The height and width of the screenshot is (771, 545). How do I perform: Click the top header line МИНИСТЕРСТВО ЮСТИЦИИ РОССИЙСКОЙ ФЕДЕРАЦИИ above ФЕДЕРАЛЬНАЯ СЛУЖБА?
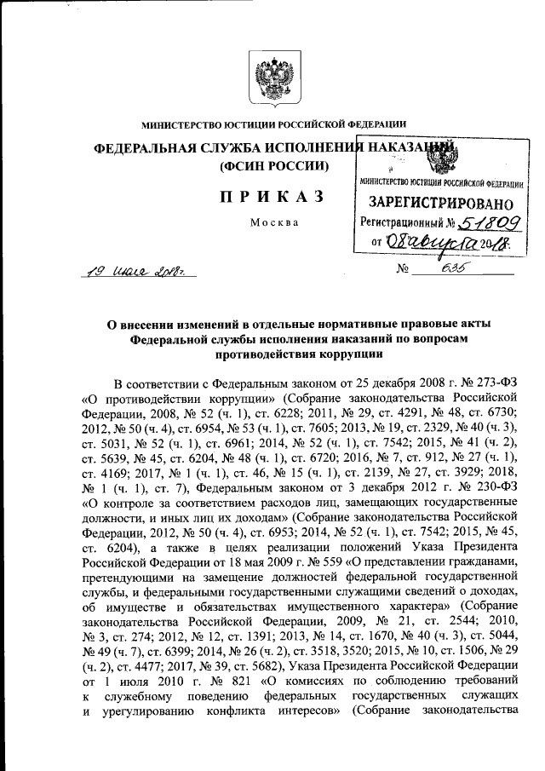pyautogui.click(x=272, y=124)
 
